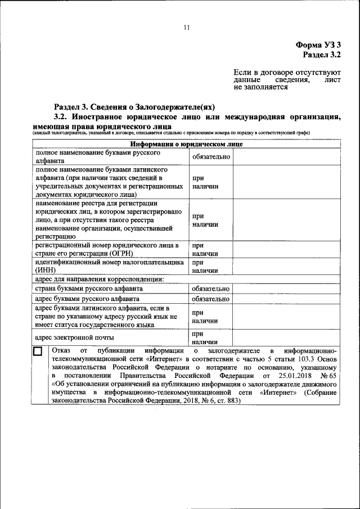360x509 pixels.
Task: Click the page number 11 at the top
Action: coord(187,28)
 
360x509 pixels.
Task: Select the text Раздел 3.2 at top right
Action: coord(322,55)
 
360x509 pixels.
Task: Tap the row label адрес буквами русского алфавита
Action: coord(87,299)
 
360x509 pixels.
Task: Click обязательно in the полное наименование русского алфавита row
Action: coord(211,156)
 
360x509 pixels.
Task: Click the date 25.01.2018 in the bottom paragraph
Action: coord(290,375)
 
